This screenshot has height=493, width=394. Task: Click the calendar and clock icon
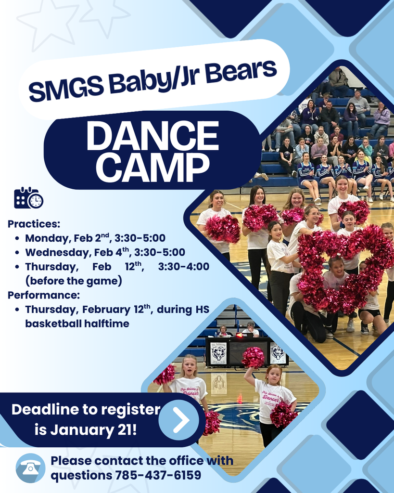(x=28, y=198)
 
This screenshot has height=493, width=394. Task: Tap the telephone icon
(x=30, y=468)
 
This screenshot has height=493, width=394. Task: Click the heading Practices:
(x=34, y=224)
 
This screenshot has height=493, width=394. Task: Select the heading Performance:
(x=44, y=295)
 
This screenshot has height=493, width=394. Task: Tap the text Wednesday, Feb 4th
(x=77, y=252)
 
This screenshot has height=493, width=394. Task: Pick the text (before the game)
(x=74, y=281)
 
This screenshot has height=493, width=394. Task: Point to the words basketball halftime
(x=77, y=324)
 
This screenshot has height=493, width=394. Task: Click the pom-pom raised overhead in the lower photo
(x=253, y=357)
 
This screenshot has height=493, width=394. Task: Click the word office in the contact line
(x=186, y=461)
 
